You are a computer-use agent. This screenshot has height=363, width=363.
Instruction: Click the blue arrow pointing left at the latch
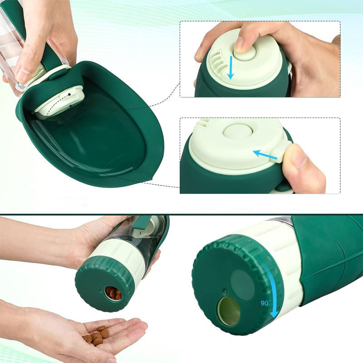(x=265, y=155)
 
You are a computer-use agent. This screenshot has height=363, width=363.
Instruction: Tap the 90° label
(x=266, y=303)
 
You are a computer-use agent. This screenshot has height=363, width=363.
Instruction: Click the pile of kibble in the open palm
(x=96, y=335)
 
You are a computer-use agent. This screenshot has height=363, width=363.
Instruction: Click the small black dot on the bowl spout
(x=69, y=94)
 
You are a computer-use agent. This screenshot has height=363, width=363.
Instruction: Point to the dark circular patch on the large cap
(x=242, y=282)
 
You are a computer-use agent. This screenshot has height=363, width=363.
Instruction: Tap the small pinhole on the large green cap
(x=224, y=289)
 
